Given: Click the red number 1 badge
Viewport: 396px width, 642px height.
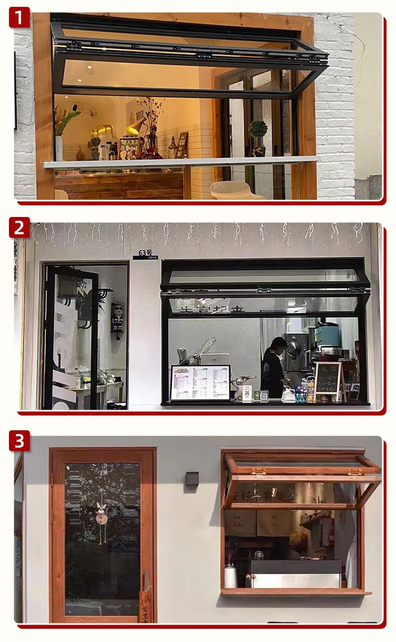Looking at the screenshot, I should tap(19, 18).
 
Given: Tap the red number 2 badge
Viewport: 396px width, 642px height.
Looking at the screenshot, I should tap(19, 228).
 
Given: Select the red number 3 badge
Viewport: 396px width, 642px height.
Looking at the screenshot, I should tap(19, 441).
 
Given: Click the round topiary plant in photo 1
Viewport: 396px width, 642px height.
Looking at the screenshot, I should tap(258, 129).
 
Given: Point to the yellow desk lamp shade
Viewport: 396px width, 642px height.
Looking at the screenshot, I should tap(136, 126).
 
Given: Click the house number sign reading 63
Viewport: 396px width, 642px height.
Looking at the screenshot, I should tap(145, 253).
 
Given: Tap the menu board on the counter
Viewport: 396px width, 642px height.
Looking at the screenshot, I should tap(200, 382).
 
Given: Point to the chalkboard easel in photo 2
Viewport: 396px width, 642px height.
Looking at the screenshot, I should tap(328, 379).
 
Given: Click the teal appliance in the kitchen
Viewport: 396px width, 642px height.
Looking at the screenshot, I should tap(328, 335).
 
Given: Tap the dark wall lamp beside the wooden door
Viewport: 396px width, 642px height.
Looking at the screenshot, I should tap(192, 479).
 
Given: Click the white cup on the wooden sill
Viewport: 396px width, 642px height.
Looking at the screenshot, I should tap(231, 577).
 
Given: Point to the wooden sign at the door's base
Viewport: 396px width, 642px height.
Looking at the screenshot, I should tap(145, 606).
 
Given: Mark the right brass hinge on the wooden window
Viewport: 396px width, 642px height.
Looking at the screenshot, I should tap(355, 473).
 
